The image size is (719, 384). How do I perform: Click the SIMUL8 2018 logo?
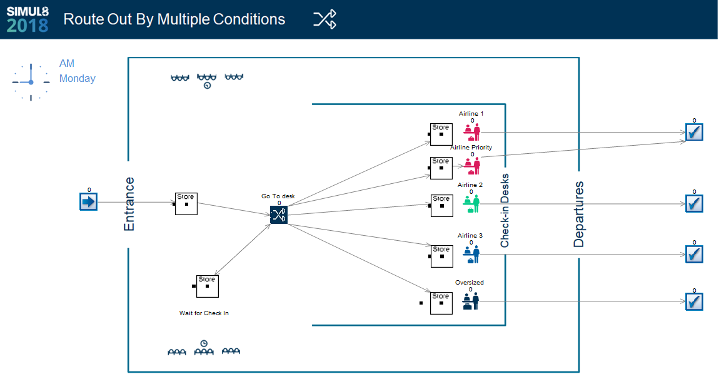click(28, 19)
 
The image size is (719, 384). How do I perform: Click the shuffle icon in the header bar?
click(324, 19)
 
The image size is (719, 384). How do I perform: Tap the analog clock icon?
click(31, 82)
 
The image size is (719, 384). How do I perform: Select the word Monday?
click(78, 78)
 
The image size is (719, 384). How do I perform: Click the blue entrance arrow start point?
click(89, 202)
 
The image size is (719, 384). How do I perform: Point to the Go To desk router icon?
click(279, 215)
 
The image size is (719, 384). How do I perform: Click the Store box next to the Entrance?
click(186, 204)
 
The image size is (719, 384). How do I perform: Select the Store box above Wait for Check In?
click(208, 286)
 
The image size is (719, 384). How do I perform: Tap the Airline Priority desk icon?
click(472, 166)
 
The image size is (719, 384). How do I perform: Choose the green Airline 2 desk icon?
click(471, 204)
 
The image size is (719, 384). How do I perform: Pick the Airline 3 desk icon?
click(471, 254)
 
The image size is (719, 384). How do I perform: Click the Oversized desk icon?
click(471, 301)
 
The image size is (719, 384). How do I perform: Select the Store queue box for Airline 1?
click(441, 134)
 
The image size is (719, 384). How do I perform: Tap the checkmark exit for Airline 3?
click(694, 254)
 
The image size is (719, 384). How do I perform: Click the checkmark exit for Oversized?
click(694, 301)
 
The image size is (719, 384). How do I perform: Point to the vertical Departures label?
click(579, 215)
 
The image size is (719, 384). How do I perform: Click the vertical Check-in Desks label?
click(505, 211)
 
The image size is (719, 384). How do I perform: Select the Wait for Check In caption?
click(204, 313)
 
